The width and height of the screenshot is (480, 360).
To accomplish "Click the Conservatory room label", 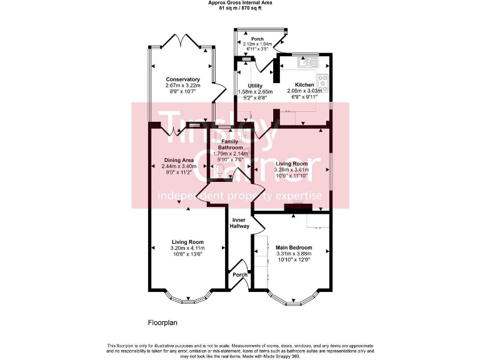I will coord(182,79).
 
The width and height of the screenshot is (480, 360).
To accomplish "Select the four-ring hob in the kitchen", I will coord(323,81).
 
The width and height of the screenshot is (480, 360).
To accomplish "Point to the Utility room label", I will coord(254,86).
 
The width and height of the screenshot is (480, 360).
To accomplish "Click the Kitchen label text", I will coord(304,84).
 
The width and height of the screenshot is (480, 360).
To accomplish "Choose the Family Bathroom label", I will coord(230,144).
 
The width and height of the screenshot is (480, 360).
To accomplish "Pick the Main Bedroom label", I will coord(294,247).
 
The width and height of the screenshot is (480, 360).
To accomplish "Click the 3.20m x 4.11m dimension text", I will coord(187,248).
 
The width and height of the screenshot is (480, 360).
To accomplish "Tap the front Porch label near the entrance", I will coord(239,274).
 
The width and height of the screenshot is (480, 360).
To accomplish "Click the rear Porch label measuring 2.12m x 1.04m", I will coord(257,39).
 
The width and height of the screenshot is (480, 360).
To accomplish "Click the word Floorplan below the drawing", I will coord(163,322).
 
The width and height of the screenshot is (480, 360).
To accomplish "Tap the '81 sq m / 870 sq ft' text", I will coord(239,9).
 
